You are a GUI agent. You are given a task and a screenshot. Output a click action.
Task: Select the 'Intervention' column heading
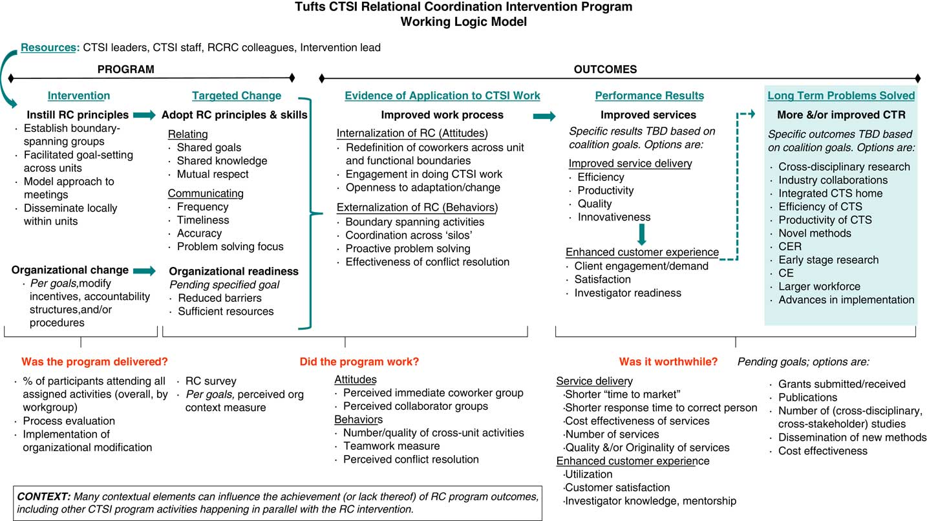[x=79, y=96]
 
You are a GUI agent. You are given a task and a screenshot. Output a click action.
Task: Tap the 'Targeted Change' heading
[x=237, y=96]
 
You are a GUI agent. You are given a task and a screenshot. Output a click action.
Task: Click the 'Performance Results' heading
[x=649, y=96]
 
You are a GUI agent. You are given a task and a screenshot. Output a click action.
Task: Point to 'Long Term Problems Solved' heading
[x=841, y=96]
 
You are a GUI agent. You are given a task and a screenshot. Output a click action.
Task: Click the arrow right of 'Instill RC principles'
[x=144, y=115]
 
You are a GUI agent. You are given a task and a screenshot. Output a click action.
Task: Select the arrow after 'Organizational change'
[x=144, y=270]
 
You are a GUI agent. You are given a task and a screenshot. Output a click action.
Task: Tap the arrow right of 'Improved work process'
[x=544, y=116]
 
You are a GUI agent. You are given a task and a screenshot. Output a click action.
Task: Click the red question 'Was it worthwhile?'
[x=668, y=362]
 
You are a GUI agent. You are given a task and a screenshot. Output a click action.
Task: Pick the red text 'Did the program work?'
[x=364, y=362]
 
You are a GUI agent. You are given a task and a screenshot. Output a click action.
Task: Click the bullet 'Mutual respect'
[x=213, y=174]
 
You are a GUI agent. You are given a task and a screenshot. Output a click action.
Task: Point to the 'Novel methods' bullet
[x=815, y=233]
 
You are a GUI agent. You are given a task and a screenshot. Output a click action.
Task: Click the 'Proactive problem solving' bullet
[x=408, y=248]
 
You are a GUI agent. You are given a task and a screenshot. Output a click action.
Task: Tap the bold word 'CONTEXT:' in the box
[x=44, y=496]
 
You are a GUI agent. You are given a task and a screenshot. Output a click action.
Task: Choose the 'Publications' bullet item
[x=807, y=398]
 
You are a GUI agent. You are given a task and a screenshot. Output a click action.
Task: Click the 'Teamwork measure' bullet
[x=391, y=446]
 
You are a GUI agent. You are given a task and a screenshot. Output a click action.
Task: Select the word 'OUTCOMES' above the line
[x=604, y=69]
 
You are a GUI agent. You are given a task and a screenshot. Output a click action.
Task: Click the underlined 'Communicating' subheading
[x=206, y=193]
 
